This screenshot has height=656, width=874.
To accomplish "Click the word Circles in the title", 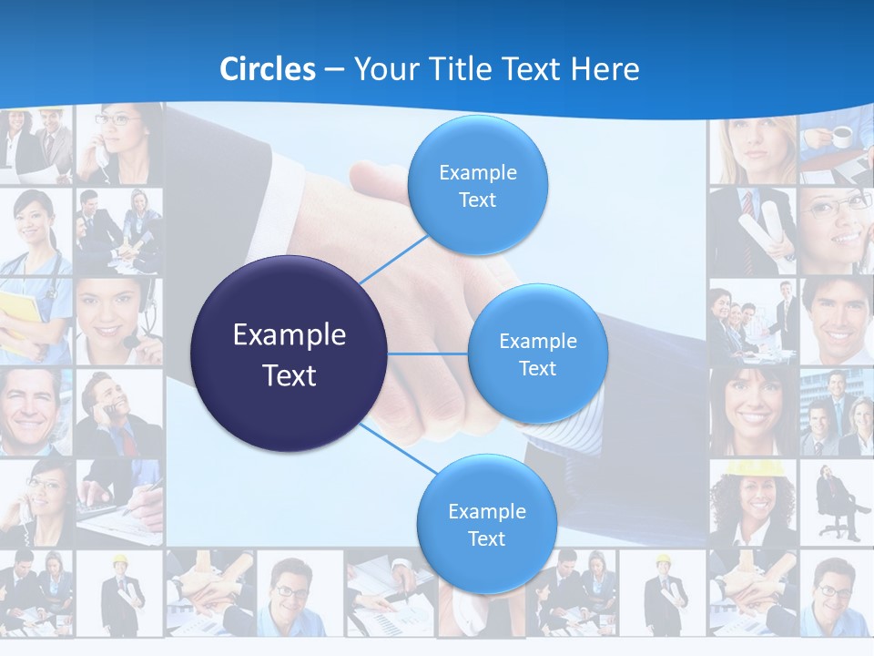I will pos(268,69).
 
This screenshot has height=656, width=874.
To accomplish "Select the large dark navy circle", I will pos(290,354).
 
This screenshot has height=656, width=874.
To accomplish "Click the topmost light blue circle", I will pos(476,185).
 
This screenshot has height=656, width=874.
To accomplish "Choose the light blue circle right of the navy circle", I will pos(537,354).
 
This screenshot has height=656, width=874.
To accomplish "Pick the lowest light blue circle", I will pos(486,524).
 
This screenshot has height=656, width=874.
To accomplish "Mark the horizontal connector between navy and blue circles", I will pos(427,354).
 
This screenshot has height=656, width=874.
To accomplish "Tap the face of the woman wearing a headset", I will pos(109,310).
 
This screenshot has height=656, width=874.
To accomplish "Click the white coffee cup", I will pos(842,137).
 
